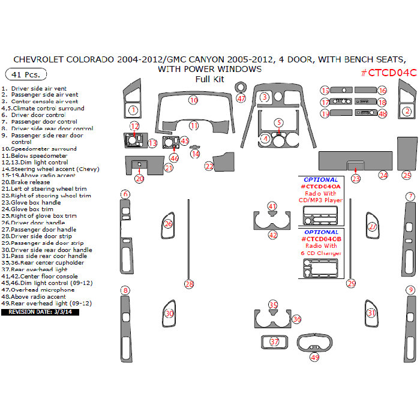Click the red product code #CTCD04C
(x=388, y=73)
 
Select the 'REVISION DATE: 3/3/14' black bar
(x=40, y=312)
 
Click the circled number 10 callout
(x=193, y=100)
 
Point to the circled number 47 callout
(x=241, y=98)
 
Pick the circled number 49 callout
(x=314, y=357)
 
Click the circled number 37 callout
(x=275, y=342)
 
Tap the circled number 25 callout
(x=407, y=175)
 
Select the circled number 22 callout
(x=209, y=166)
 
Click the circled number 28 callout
(x=189, y=284)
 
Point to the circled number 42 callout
(x=273, y=235)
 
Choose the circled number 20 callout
(x=139, y=178)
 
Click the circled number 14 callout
(x=196, y=154)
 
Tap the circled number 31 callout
(x=372, y=313)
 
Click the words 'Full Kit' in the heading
(x=209, y=79)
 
